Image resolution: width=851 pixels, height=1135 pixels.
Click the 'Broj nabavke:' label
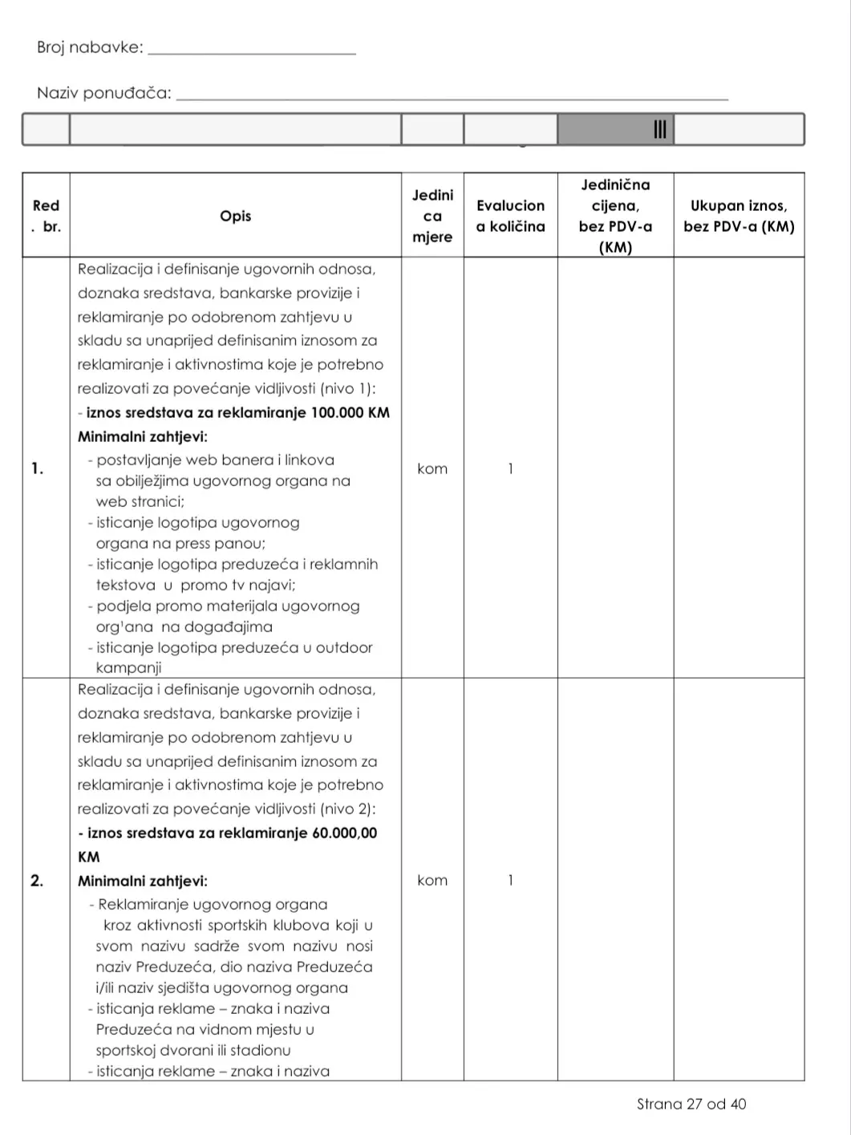click(90, 47)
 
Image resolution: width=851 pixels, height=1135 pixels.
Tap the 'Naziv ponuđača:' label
click(104, 93)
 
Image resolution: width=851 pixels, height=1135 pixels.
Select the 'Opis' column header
click(235, 216)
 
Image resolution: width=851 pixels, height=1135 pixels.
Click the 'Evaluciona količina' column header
click(510, 216)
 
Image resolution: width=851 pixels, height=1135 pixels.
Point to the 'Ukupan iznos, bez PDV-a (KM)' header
click(739, 216)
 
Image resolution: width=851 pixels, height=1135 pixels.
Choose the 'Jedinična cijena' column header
click(615, 216)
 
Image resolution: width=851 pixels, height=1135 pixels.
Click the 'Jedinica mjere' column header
click(432, 216)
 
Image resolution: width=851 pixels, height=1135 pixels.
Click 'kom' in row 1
click(432, 468)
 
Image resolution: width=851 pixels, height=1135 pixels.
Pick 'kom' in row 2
click(432, 881)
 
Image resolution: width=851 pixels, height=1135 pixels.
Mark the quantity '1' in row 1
click(510, 468)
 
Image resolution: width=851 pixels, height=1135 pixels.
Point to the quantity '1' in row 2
click(510, 881)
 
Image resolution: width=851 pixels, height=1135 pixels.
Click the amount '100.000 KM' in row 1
click(351, 413)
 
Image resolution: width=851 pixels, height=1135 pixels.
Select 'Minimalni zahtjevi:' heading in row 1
click(143, 437)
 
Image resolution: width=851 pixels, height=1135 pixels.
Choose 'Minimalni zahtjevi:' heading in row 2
click(143, 881)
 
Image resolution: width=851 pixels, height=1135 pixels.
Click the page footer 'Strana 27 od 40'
click(691, 1105)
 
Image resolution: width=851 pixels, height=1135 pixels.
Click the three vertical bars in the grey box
click(660, 129)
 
